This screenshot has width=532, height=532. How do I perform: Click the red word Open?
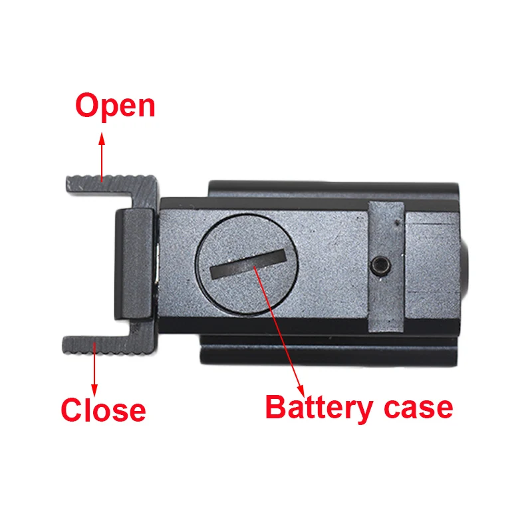[x=115, y=106]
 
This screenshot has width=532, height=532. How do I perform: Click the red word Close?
[x=103, y=410]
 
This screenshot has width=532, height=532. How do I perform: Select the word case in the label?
[x=416, y=406]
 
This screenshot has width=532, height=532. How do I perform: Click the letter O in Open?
[x=88, y=106]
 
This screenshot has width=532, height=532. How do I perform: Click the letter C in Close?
[x=71, y=410]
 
